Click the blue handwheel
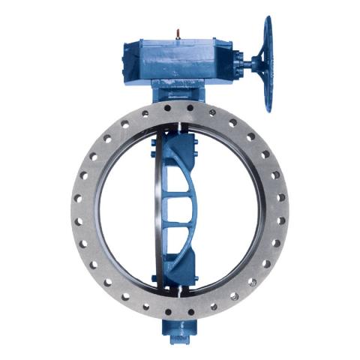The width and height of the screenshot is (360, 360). tap(268, 64)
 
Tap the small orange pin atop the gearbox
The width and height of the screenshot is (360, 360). tap(178, 32)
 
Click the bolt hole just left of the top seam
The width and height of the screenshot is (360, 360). tap(168, 109)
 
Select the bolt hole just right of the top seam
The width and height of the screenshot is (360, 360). tap(190, 108)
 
